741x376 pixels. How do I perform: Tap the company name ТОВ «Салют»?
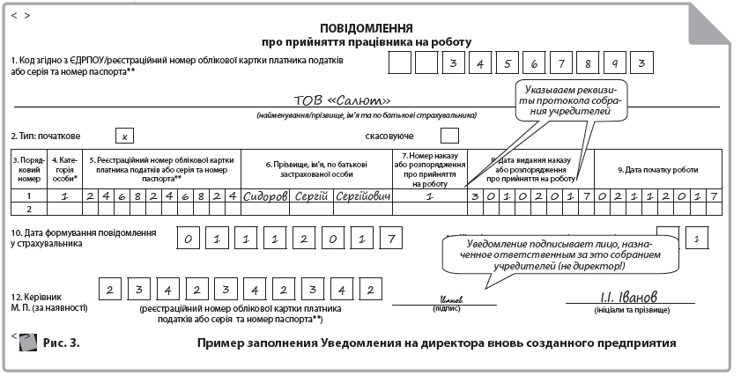(342, 100)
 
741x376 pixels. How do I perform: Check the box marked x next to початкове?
(126, 136)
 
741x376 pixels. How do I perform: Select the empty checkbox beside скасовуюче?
(448, 136)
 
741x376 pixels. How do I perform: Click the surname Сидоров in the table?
(265, 195)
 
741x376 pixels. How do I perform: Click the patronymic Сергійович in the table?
(361, 195)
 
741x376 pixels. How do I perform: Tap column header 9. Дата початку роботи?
(657, 169)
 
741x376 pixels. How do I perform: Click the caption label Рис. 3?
(61, 343)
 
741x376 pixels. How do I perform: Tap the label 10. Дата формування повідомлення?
(85, 232)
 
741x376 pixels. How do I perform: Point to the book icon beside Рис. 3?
(27, 342)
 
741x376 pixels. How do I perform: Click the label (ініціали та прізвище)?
(624, 309)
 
